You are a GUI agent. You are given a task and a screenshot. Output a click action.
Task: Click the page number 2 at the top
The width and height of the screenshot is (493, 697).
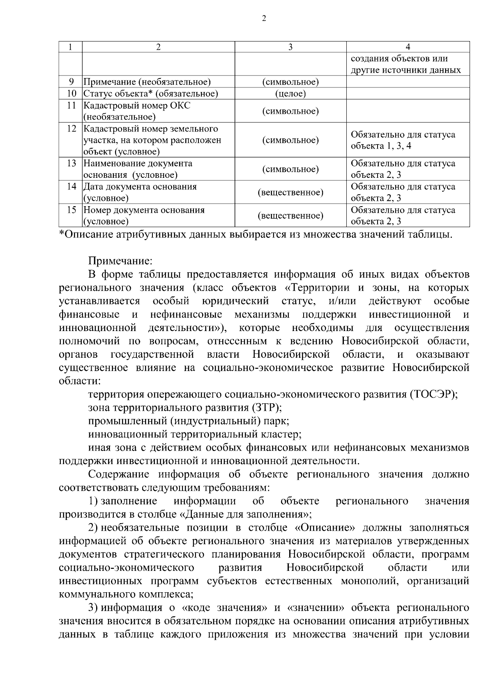click(264, 18)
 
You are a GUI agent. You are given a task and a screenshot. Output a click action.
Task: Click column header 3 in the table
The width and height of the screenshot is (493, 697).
click(290, 47)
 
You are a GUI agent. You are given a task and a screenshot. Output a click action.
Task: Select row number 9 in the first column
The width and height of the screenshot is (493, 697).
click(71, 82)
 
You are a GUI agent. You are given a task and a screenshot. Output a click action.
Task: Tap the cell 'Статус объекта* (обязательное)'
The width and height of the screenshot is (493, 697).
click(151, 94)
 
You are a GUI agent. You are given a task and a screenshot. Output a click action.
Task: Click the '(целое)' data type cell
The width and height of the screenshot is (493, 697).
click(290, 94)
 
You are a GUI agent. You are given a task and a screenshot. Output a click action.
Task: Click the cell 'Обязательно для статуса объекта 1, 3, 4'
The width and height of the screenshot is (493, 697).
click(403, 140)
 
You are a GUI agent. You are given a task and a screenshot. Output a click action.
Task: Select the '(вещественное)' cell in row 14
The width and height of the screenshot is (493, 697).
click(290, 192)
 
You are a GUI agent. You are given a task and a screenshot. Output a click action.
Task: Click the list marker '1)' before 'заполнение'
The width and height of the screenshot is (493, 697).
click(93, 501)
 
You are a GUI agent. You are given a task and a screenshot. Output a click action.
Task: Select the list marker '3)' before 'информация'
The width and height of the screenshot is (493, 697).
click(93, 607)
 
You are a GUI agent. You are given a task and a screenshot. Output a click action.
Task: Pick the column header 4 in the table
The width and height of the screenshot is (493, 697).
click(408, 47)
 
